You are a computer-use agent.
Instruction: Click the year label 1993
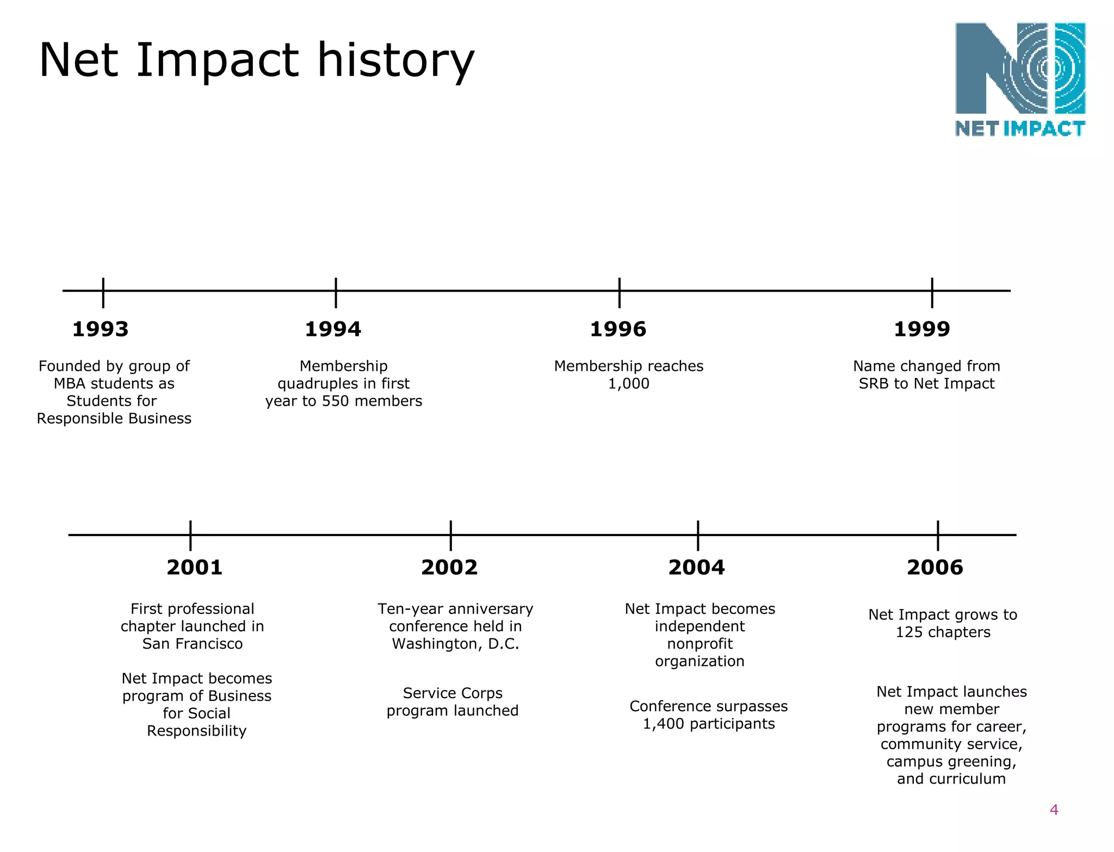click(x=101, y=329)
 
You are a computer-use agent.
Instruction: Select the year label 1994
click(x=333, y=329)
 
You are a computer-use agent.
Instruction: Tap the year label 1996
click(x=618, y=329)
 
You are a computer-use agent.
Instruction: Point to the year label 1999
click(x=922, y=329)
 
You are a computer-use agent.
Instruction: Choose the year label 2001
click(x=195, y=568)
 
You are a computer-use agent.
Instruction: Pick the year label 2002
click(x=449, y=568)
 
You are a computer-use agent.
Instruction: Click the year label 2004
click(x=696, y=568)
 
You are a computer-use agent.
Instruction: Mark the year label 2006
click(x=935, y=568)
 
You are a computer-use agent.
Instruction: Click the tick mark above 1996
click(x=620, y=292)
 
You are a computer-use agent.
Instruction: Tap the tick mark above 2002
click(x=451, y=535)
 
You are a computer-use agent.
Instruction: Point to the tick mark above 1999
click(x=932, y=292)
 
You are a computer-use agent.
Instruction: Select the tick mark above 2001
click(x=190, y=535)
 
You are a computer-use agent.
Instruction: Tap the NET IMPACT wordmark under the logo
click(x=1020, y=129)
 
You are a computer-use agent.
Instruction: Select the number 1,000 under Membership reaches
click(x=628, y=384)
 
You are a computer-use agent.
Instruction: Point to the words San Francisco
click(x=193, y=644)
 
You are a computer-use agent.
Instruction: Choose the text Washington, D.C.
click(x=456, y=644)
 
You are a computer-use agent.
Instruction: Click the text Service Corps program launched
click(x=453, y=702)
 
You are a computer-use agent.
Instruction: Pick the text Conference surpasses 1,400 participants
click(x=709, y=715)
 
